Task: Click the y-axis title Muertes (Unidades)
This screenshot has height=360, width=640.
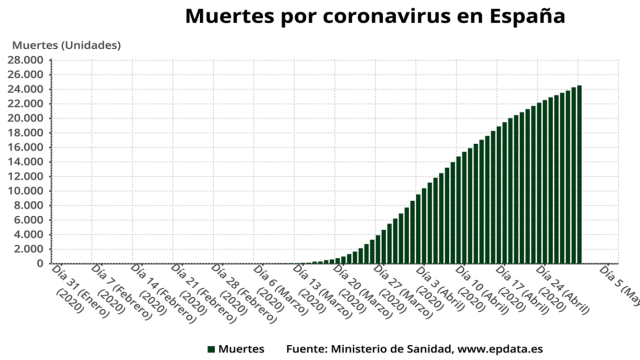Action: click(66, 46)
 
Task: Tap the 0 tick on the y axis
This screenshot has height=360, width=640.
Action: click(40, 264)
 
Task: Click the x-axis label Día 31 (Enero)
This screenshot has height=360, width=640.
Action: click(74, 286)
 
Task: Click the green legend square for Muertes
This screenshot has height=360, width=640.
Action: click(212, 349)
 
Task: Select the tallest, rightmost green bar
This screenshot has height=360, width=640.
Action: click(579, 175)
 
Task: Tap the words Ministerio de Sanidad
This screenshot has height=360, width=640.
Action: click(389, 349)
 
